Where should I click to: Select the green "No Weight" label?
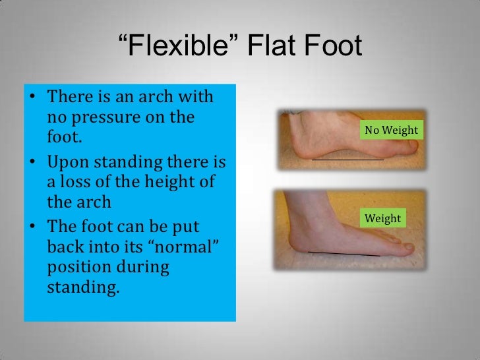(391, 130)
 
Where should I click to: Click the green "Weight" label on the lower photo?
(382, 218)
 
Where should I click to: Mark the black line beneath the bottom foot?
(344, 255)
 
